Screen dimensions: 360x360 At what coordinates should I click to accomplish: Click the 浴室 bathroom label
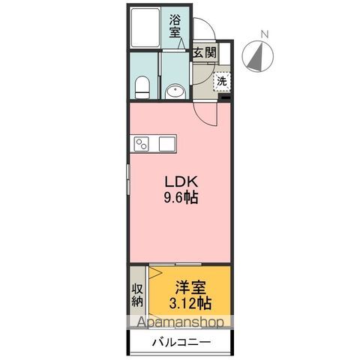pos(175,27)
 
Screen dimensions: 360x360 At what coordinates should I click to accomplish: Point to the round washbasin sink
pos(175,91)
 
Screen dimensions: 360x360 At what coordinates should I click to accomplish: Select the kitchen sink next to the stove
pos(165,142)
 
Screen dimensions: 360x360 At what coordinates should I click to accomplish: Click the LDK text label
pos(178,181)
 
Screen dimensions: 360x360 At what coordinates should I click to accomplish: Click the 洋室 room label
pos(191,287)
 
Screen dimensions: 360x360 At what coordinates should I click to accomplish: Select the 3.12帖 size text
pos(191,304)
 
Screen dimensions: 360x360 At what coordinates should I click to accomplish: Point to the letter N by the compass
pos(263,33)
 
